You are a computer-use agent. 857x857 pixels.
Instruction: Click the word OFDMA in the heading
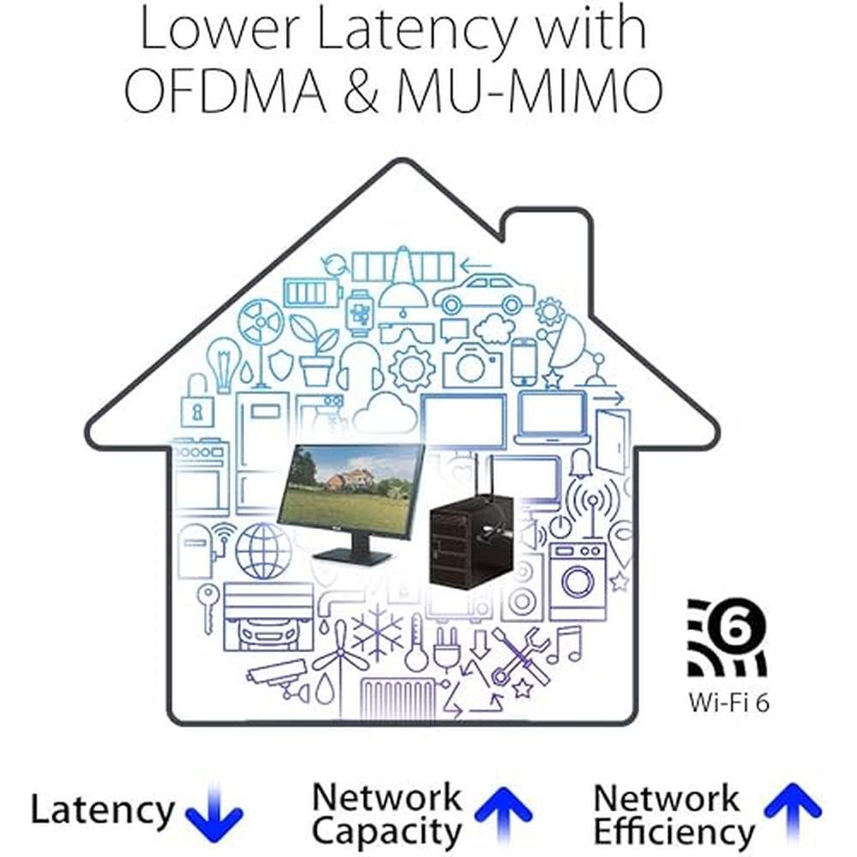pyautogui.click(x=225, y=91)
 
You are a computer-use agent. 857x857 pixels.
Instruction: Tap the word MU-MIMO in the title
pyautogui.click(x=529, y=91)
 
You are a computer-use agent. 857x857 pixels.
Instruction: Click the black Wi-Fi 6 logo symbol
pyautogui.click(x=727, y=638)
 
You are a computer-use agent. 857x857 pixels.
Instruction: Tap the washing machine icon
pyautogui.click(x=577, y=582)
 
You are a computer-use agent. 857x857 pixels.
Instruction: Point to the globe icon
pyautogui.click(x=263, y=551)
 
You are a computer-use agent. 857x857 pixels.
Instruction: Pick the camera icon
pyautogui.click(x=472, y=364)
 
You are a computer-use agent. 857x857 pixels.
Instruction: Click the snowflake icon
pyautogui.click(x=377, y=632)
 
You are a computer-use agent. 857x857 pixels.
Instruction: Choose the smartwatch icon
pyautogui.click(x=360, y=313)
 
